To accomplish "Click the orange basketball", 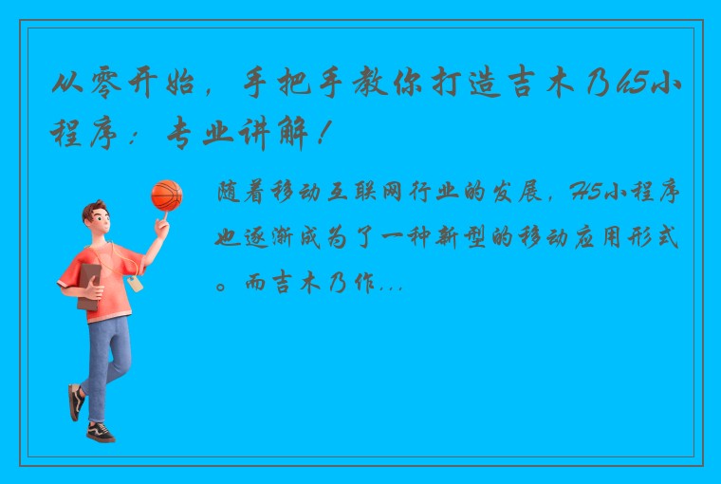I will (166, 195).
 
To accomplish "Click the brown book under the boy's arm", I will (88, 286).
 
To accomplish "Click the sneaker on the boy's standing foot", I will (100, 432).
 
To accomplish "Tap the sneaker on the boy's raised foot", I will (75, 400).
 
